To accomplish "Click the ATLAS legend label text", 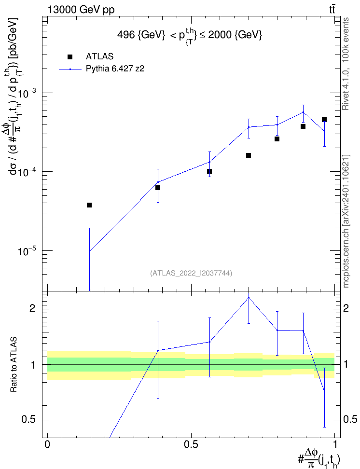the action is (99, 56).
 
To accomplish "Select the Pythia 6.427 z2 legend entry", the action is (102, 69).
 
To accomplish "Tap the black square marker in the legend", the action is (70, 57).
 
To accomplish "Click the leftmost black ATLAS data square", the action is (89, 205).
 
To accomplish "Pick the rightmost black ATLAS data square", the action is (324, 120).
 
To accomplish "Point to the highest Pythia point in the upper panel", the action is (303, 112).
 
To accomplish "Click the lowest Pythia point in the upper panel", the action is (89, 251).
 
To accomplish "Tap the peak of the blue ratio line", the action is (249, 297).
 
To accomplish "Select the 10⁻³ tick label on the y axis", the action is (27, 93).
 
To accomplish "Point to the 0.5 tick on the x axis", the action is (191, 444).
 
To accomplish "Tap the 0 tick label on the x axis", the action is (47, 444).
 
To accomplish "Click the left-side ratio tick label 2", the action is (32, 308).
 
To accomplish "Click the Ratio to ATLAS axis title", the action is (14, 365).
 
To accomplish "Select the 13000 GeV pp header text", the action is (81, 10).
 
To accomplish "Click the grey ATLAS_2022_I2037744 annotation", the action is (191, 273).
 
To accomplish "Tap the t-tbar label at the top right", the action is (332, 9).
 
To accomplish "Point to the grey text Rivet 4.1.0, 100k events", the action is (346, 64).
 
